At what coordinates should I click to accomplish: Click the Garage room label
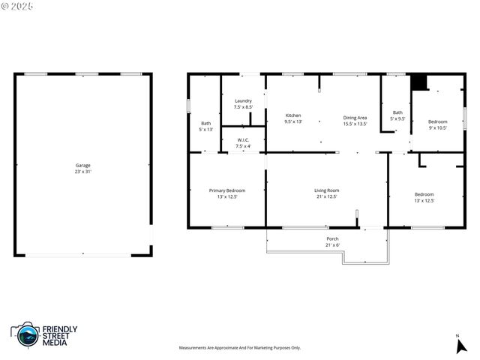tap(82, 165)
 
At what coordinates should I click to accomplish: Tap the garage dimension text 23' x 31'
tap(82, 172)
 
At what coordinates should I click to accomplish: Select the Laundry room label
tap(243, 100)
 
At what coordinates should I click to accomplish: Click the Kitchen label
tap(292, 115)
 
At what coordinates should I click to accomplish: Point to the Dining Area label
tap(355, 117)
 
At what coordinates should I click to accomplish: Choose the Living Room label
tap(326, 190)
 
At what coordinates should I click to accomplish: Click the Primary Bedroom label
tap(226, 190)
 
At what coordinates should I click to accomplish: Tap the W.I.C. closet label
tap(243, 139)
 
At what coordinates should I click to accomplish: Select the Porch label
tap(332, 238)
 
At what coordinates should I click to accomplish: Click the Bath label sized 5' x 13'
tap(205, 123)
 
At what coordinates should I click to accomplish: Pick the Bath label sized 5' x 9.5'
tap(397, 112)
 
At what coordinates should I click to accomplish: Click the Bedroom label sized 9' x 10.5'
tap(437, 121)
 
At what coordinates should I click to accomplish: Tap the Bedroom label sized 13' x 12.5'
tap(424, 194)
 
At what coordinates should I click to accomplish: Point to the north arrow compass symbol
tap(461, 345)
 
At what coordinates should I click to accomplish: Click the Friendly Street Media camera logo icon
tap(28, 334)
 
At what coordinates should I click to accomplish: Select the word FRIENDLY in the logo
tap(59, 328)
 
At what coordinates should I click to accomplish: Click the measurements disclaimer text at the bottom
tap(239, 348)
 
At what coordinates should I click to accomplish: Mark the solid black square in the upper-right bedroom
tap(418, 82)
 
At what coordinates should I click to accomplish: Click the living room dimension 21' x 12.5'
tap(326, 196)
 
